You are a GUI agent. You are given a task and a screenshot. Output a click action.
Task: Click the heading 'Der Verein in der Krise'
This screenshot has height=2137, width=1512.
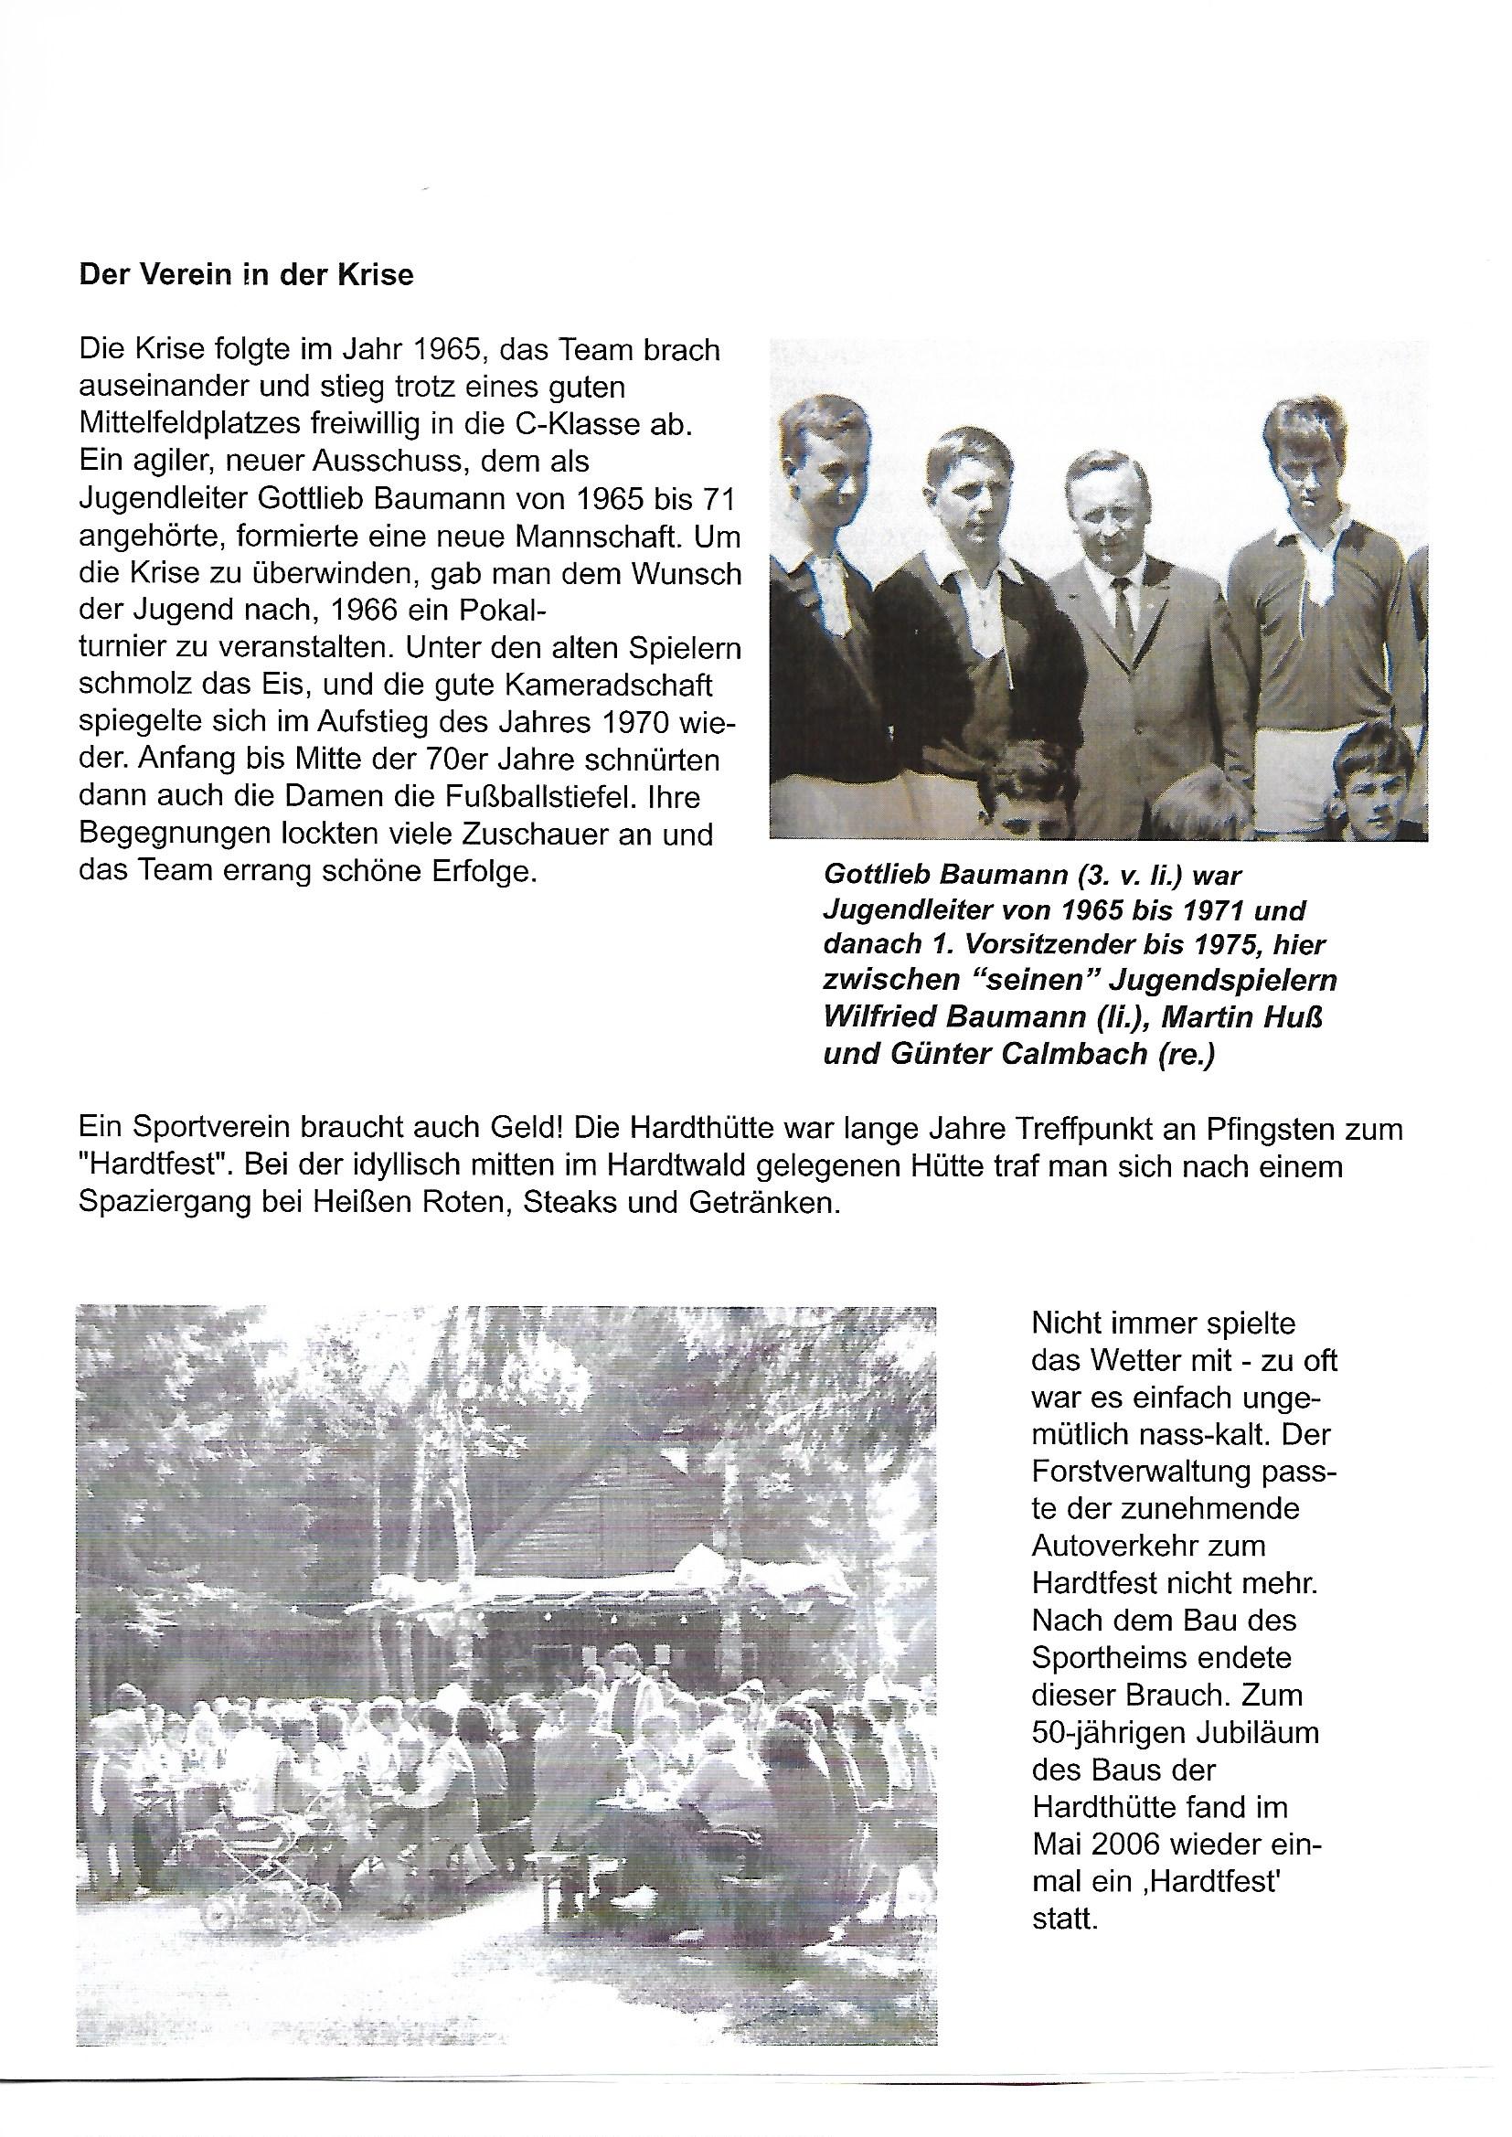(x=247, y=276)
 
